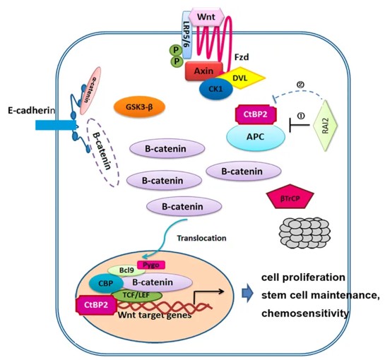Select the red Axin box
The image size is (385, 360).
click(x=184, y=71)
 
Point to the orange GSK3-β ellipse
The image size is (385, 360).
click(x=134, y=107)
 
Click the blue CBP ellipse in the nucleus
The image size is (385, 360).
click(x=103, y=283)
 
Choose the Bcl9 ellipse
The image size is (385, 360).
click(x=126, y=270)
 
